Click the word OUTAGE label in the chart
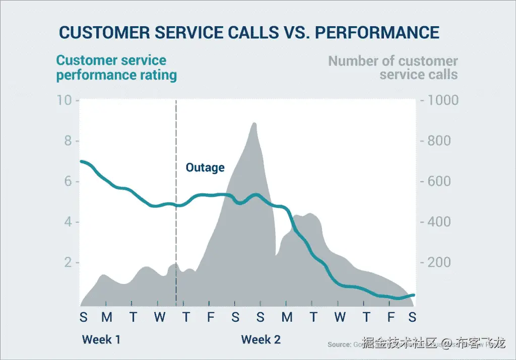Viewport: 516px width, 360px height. (x=205, y=167)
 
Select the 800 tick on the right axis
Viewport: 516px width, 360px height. (x=439, y=140)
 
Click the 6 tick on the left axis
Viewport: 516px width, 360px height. (x=68, y=181)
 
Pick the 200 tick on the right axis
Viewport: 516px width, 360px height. (x=439, y=263)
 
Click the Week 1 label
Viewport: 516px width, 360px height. (x=101, y=339)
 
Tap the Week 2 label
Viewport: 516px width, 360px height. (x=261, y=339)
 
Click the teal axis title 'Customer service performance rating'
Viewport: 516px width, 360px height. (x=116, y=68)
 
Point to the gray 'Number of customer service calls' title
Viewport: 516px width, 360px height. (x=393, y=68)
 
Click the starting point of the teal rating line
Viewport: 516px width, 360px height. (x=81, y=162)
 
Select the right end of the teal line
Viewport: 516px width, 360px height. (x=414, y=295)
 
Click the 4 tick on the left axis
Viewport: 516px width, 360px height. (x=68, y=222)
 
